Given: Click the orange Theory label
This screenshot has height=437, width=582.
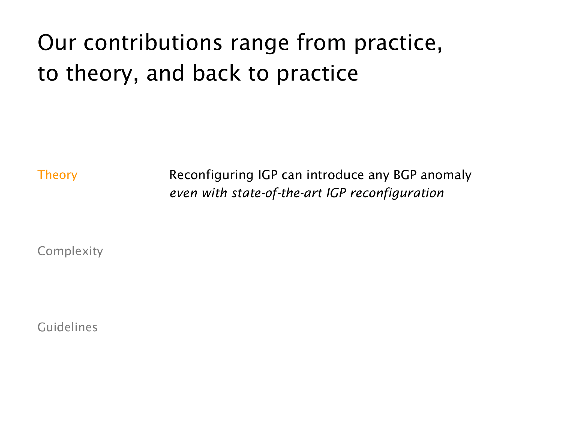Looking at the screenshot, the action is (57, 175).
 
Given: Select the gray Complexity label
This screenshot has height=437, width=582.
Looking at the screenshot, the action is (70, 251).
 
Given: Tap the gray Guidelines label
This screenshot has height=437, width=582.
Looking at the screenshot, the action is (67, 327).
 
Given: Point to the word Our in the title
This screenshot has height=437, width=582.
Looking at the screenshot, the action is (57, 43).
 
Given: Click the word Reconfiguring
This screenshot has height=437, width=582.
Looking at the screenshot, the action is (211, 175).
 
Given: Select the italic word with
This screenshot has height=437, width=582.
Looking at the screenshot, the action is (214, 193).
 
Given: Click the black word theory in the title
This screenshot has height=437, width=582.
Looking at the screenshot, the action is (99, 74).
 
